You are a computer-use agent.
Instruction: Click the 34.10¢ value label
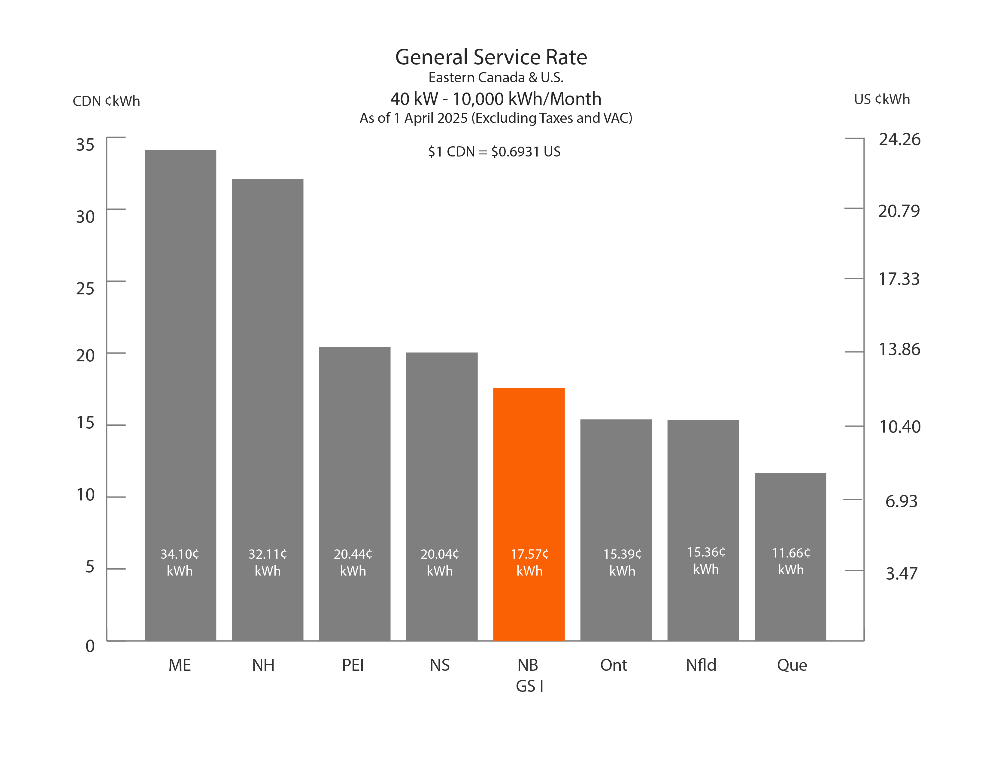click(x=180, y=554)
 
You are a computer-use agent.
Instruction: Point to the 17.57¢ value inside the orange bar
click(x=529, y=554)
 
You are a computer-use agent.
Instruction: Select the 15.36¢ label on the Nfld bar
click(x=706, y=552)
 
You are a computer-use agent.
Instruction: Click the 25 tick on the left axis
click(x=85, y=289)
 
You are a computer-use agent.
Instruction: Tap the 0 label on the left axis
click(x=90, y=646)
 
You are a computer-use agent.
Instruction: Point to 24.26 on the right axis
click(x=899, y=139)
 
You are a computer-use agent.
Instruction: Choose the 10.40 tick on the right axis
click(x=900, y=427)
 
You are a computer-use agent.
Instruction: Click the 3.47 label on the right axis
click(x=901, y=573)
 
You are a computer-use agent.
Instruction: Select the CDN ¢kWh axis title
click(x=106, y=101)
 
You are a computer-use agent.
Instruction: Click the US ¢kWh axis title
click(x=882, y=99)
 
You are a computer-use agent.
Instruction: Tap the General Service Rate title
click(x=491, y=57)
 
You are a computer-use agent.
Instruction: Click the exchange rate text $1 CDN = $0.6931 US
click(x=494, y=152)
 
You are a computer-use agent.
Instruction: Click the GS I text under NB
click(x=529, y=686)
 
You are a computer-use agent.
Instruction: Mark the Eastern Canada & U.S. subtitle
click(x=495, y=78)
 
